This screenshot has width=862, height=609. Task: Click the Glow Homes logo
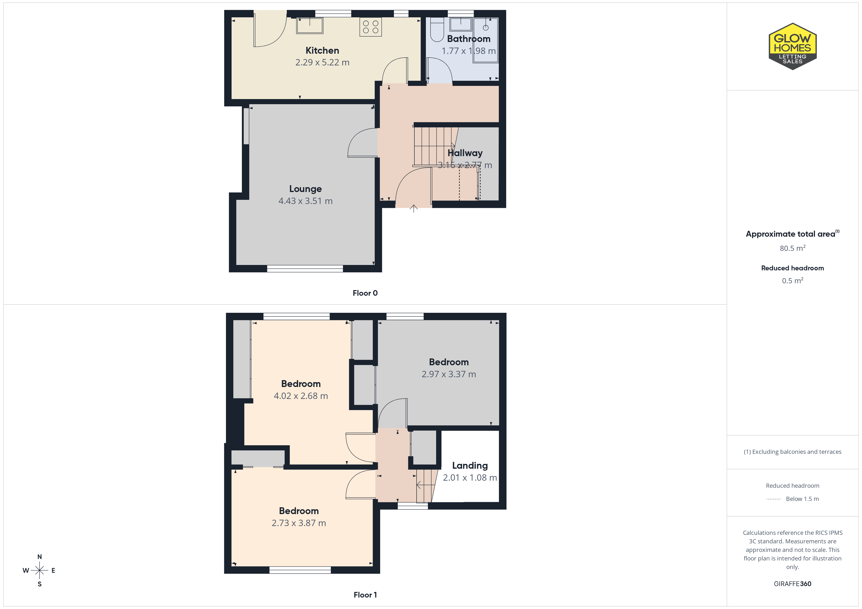pyautogui.click(x=793, y=47)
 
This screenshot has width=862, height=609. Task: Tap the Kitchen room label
pyautogui.click(x=322, y=51)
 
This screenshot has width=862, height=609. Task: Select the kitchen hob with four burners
pyautogui.click(x=371, y=27)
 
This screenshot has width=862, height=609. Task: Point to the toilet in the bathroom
pyautogui.click(x=437, y=29)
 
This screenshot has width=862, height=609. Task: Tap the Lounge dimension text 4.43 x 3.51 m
pyautogui.click(x=305, y=201)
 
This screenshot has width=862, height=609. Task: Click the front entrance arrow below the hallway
pyautogui.click(x=413, y=209)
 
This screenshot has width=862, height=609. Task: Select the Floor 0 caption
pyautogui.click(x=365, y=293)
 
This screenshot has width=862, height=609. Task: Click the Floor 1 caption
pyautogui.click(x=365, y=595)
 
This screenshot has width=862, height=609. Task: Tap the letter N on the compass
pyautogui.click(x=39, y=557)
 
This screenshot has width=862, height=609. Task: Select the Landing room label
pyautogui.click(x=470, y=466)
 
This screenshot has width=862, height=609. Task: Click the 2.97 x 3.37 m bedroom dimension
pyautogui.click(x=449, y=374)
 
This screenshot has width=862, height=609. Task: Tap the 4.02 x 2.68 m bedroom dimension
pyautogui.click(x=301, y=396)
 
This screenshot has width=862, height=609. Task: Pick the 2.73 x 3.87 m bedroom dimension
pyautogui.click(x=299, y=523)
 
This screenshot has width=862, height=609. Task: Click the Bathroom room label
pyautogui.click(x=469, y=39)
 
